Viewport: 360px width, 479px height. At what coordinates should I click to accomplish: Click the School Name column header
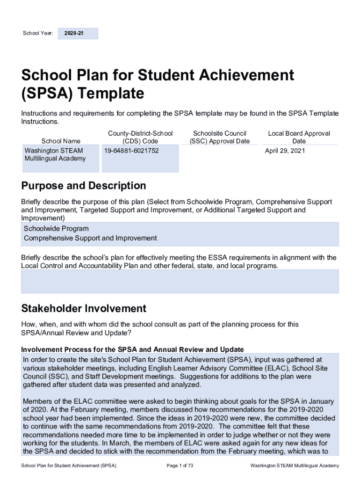pyautogui.click(x=61, y=141)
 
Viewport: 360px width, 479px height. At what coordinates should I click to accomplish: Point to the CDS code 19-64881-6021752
pyautogui.click(x=131, y=151)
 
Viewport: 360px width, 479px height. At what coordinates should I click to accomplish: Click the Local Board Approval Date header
pyautogui.click(x=299, y=137)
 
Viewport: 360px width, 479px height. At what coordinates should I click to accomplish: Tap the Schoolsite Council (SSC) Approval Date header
pyautogui.click(x=219, y=137)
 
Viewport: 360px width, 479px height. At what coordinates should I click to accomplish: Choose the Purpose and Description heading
pyautogui.click(x=84, y=186)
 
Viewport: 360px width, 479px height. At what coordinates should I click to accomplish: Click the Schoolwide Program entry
pyautogui.click(x=56, y=229)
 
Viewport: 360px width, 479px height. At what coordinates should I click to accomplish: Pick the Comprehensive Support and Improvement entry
pyautogui.click(x=90, y=238)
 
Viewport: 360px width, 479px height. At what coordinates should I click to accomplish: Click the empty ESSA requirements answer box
pyautogui.click(x=180, y=281)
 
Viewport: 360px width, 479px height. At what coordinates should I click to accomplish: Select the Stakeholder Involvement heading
pyautogui.click(x=84, y=309)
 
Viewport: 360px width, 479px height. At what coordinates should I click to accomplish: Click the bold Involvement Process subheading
pyautogui.click(x=132, y=349)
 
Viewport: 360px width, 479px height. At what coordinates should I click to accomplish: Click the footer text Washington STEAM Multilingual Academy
pyautogui.click(x=295, y=466)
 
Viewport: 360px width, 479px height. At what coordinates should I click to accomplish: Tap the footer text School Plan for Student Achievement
pyautogui.click(x=65, y=466)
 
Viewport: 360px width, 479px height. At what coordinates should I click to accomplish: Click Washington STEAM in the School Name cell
pyautogui.click(x=54, y=151)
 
